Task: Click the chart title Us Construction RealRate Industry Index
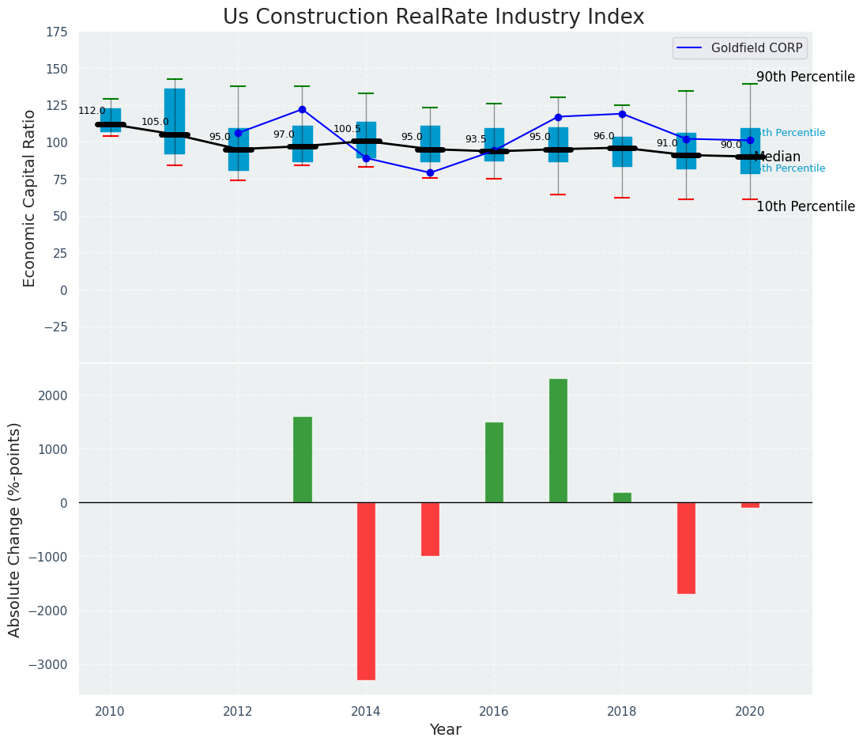point(433,17)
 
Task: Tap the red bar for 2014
point(366,591)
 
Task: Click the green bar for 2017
point(558,441)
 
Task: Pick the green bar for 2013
point(303,459)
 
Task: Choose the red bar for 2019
point(686,547)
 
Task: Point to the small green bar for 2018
point(622,497)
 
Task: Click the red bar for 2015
point(430,529)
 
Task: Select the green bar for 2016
point(494,463)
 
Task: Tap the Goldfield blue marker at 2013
point(302,110)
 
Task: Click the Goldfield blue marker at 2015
point(430,172)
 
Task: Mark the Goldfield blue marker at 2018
point(622,114)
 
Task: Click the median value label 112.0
point(92,111)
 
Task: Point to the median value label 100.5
point(347,129)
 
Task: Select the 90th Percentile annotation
point(805,77)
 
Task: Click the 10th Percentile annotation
point(805,206)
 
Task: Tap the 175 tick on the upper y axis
point(57,32)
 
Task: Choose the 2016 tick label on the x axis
point(494,712)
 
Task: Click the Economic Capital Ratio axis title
point(30,198)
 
